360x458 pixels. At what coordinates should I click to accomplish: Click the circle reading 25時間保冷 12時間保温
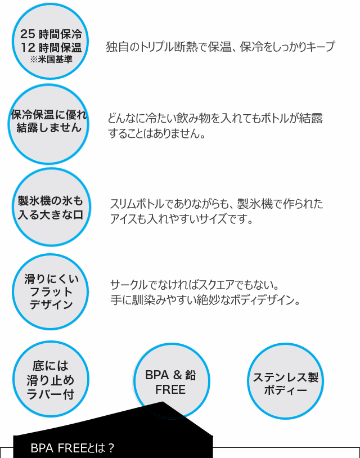(x=50, y=41)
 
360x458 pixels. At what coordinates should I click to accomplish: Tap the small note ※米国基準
(x=51, y=60)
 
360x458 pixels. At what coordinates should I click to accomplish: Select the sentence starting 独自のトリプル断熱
(x=220, y=47)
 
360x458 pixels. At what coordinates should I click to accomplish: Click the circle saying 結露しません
(x=48, y=124)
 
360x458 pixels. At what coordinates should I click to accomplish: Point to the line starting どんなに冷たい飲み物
(x=215, y=118)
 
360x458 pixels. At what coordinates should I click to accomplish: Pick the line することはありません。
(x=157, y=133)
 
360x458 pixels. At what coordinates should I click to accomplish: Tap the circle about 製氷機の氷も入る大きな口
(x=51, y=207)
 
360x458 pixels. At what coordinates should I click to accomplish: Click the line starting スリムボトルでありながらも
(x=217, y=204)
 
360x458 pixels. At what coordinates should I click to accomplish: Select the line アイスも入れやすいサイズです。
(x=181, y=218)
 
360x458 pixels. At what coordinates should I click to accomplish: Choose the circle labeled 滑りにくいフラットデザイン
(x=50, y=292)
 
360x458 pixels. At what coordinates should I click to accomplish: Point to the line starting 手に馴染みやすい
(x=205, y=300)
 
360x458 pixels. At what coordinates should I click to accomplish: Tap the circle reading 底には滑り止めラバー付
(x=51, y=379)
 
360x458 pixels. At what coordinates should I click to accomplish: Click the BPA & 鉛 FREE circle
(x=172, y=381)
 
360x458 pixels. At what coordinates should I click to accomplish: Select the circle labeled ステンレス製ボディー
(x=285, y=381)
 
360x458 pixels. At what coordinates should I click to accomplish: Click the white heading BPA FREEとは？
(x=72, y=448)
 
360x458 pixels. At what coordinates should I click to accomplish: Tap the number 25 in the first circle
(x=28, y=34)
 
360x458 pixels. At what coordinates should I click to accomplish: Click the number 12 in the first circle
(x=28, y=47)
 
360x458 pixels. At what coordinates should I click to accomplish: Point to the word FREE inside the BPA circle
(x=170, y=389)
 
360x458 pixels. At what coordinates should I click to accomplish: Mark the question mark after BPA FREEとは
(x=111, y=448)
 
